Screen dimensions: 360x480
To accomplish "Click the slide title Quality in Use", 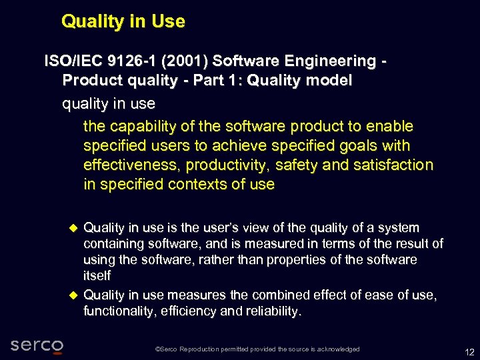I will click(x=123, y=21).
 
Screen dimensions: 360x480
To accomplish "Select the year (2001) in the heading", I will click(x=184, y=61).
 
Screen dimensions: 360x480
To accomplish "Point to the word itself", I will click(x=97, y=275).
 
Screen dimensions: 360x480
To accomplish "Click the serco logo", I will click(x=37, y=345).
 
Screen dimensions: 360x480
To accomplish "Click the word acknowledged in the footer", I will click(x=335, y=349).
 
